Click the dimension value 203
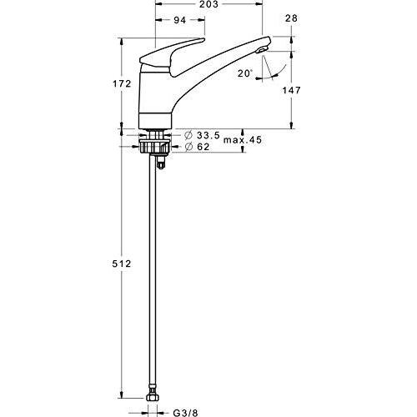point(209,6)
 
